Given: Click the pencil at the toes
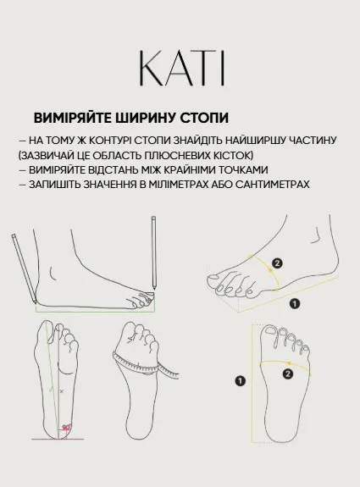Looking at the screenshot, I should [155, 254].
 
